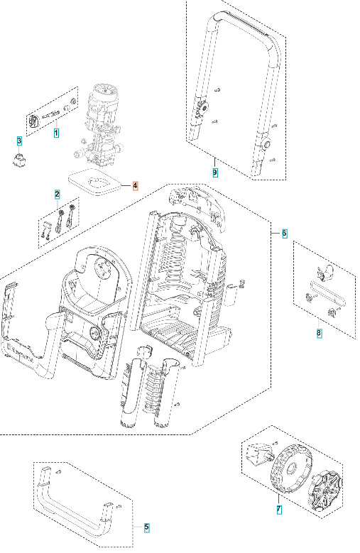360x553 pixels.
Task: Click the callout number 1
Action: coord(56,132)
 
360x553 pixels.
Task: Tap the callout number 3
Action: coord(20,141)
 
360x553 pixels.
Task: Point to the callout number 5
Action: coord(146,527)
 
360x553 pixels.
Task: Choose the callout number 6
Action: coord(284,233)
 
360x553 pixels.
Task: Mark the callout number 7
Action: coord(278,509)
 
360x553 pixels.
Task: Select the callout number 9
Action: coord(215,172)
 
